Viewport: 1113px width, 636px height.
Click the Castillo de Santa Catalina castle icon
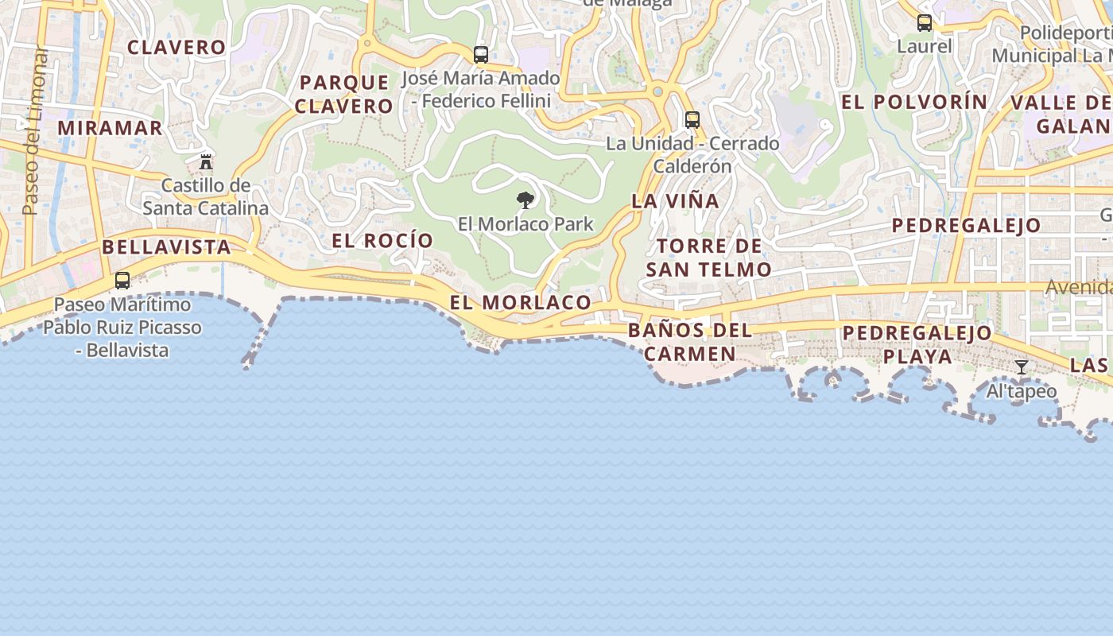(x=206, y=162)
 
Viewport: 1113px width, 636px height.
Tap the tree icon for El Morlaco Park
(x=525, y=200)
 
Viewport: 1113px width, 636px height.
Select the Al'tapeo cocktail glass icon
(x=1022, y=367)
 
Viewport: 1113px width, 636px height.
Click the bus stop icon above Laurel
(x=924, y=23)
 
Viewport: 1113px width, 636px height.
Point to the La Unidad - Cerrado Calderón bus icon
(x=692, y=120)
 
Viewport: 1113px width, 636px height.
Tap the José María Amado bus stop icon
(x=480, y=55)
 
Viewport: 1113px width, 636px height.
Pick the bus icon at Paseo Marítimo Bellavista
(x=122, y=281)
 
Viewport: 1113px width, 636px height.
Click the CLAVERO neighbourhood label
(x=176, y=47)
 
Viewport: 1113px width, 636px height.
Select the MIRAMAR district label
(x=110, y=128)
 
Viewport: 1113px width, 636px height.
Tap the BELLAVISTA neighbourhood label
(x=166, y=247)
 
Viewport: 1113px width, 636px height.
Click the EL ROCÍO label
(x=382, y=241)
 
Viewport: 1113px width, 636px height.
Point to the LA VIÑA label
(x=675, y=201)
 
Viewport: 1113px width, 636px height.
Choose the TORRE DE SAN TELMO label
(x=708, y=258)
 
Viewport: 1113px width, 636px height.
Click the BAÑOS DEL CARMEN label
(x=689, y=342)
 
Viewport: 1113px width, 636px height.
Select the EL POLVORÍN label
(x=914, y=102)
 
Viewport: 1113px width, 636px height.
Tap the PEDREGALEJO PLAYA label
(x=917, y=344)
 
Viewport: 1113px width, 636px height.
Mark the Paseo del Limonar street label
(x=32, y=131)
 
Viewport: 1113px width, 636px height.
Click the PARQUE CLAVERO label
(x=344, y=94)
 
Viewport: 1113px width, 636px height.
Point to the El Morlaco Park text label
(x=525, y=224)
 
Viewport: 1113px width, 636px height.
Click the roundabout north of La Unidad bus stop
(x=657, y=92)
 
